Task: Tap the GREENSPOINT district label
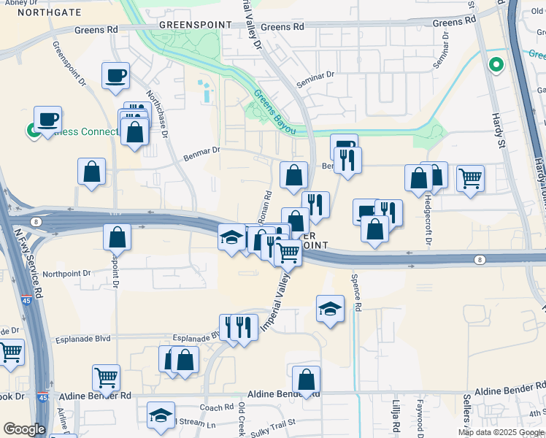point(196,24)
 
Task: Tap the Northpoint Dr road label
point(66,274)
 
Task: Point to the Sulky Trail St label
point(269,422)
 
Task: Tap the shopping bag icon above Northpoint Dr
point(117,237)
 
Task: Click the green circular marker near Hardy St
point(496,65)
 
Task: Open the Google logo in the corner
point(24,429)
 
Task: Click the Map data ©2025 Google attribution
point(501,432)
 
